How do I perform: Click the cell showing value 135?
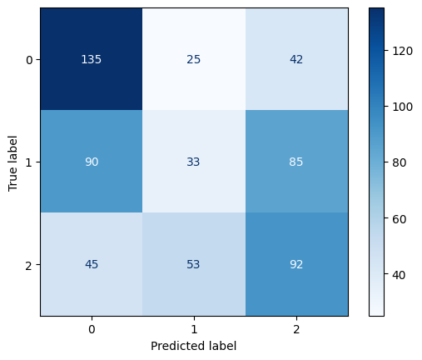91,59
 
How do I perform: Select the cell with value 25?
194,59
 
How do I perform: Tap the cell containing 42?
296,59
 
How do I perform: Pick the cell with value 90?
91,162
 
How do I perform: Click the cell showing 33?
194,162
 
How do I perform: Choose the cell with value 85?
296,162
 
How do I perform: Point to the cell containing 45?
91,264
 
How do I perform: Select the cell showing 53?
194,264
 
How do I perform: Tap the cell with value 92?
296,264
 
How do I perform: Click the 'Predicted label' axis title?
194,345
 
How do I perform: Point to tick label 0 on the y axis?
29,59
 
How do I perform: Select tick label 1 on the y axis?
29,162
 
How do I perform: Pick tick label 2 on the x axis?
296,329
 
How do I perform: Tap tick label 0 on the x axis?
91,329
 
